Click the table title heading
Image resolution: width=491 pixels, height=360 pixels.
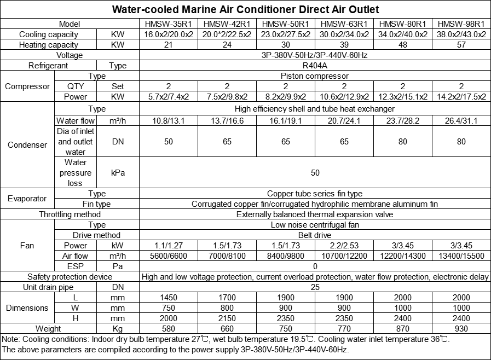pyautogui.click(x=245, y=10)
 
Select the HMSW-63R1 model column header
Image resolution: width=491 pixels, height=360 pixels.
pyautogui.click(x=344, y=24)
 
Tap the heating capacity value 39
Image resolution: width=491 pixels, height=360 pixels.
pyautogui.click(x=344, y=45)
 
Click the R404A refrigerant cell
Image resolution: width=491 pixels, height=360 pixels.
pyautogui.click(x=315, y=66)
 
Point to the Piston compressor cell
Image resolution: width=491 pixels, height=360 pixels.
pyautogui.click(x=315, y=76)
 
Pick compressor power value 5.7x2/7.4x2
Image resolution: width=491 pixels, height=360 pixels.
pyautogui.click(x=169, y=97)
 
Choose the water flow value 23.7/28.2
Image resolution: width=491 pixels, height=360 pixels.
pyautogui.click(x=402, y=121)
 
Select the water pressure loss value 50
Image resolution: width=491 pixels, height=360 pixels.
pyautogui.click(x=315, y=173)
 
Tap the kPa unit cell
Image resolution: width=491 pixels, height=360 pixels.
pyautogui.click(x=118, y=173)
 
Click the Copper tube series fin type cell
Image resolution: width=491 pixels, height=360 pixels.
pyautogui.click(x=315, y=194)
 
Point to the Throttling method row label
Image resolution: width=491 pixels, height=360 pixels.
pyautogui.click(x=70, y=214)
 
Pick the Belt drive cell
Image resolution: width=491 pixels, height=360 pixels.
pyautogui.click(x=315, y=235)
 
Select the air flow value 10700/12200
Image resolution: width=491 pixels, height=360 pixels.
pyautogui.click(x=344, y=256)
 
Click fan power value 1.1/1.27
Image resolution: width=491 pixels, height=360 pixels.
pyautogui.click(x=169, y=246)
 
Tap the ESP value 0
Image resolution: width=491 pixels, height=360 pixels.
pyautogui.click(x=315, y=266)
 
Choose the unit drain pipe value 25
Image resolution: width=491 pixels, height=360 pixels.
pyautogui.click(x=315, y=287)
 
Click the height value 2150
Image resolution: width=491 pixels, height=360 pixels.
pyautogui.click(x=227, y=318)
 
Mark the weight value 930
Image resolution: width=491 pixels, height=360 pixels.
pyautogui.click(x=461, y=329)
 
